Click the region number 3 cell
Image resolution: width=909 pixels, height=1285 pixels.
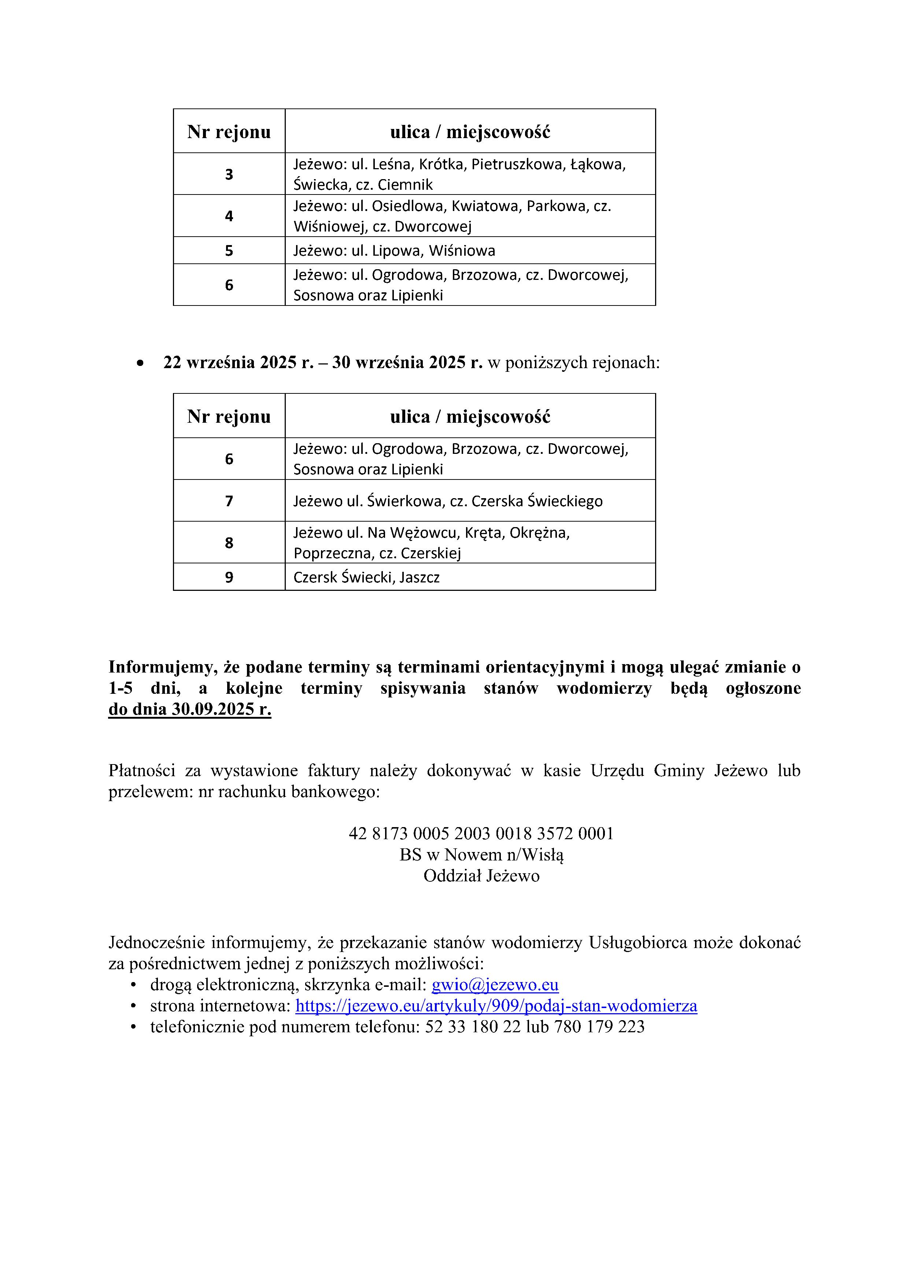click(x=229, y=174)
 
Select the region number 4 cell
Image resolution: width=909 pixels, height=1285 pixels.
click(x=229, y=216)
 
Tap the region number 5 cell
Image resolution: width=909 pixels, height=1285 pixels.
click(x=229, y=250)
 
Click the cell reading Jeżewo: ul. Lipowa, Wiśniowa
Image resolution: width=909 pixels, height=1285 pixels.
click(x=394, y=250)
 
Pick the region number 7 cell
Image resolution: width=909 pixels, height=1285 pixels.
click(x=229, y=500)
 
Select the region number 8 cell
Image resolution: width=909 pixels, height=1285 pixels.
click(x=229, y=542)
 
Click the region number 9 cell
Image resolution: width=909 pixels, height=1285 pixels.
click(x=229, y=577)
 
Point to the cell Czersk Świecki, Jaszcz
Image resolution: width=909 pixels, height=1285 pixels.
click(x=367, y=577)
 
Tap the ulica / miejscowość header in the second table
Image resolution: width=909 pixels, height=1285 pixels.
click(x=470, y=416)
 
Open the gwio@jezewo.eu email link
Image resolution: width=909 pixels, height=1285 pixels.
click(x=495, y=985)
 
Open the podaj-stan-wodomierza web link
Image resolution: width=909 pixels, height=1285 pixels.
click(x=496, y=1006)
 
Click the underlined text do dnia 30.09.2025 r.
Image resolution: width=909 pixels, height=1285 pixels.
click(x=190, y=709)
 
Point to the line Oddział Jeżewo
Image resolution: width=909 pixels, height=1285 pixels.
click(x=481, y=876)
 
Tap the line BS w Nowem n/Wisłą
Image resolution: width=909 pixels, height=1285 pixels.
click(x=481, y=855)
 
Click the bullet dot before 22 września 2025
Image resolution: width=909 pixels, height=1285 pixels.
click(x=140, y=364)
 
